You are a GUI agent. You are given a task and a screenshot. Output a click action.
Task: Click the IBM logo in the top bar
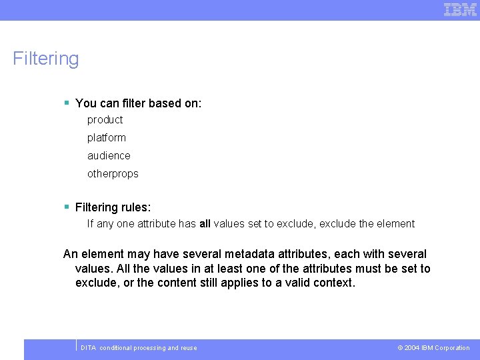pyautogui.click(x=461, y=9)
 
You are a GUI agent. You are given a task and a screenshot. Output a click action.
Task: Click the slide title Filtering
pyautogui.click(x=45, y=59)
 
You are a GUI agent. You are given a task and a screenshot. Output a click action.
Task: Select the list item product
pyautogui.click(x=105, y=120)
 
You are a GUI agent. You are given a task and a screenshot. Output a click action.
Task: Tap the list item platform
pyautogui.click(x=106, y=138)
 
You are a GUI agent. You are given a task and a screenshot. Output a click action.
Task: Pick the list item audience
pyautogui.click(x=109, y=156)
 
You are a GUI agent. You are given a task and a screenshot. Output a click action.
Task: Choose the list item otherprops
pyautogui.click(x=113, y=174)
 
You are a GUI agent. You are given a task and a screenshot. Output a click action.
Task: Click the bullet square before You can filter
pyautogui.click(x=67, y=103)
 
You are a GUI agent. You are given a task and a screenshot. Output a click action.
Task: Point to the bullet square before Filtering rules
pyautogui.click(x=67, y=207)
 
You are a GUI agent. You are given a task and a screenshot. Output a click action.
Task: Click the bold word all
pyautogui.click(x=205, y=224)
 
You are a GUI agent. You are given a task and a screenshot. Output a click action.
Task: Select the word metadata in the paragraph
pyautogui.click(x=250, y=254)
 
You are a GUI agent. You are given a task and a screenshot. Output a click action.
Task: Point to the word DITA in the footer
pyautogui.click(x=88, y=348)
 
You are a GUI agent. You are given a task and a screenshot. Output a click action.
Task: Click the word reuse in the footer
pyautogui.click(x=189, y=348)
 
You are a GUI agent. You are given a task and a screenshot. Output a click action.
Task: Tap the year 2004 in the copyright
pyautogui.click(x=411, y=348)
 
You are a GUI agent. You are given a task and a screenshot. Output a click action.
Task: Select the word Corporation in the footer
pyautogui.click(x=452, y=348)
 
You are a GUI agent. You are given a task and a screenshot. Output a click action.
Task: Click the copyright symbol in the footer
pyautogui.click(x=400, y=348)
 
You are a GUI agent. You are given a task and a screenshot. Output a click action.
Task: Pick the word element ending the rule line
pyautogui.click(x=396, y=224)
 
